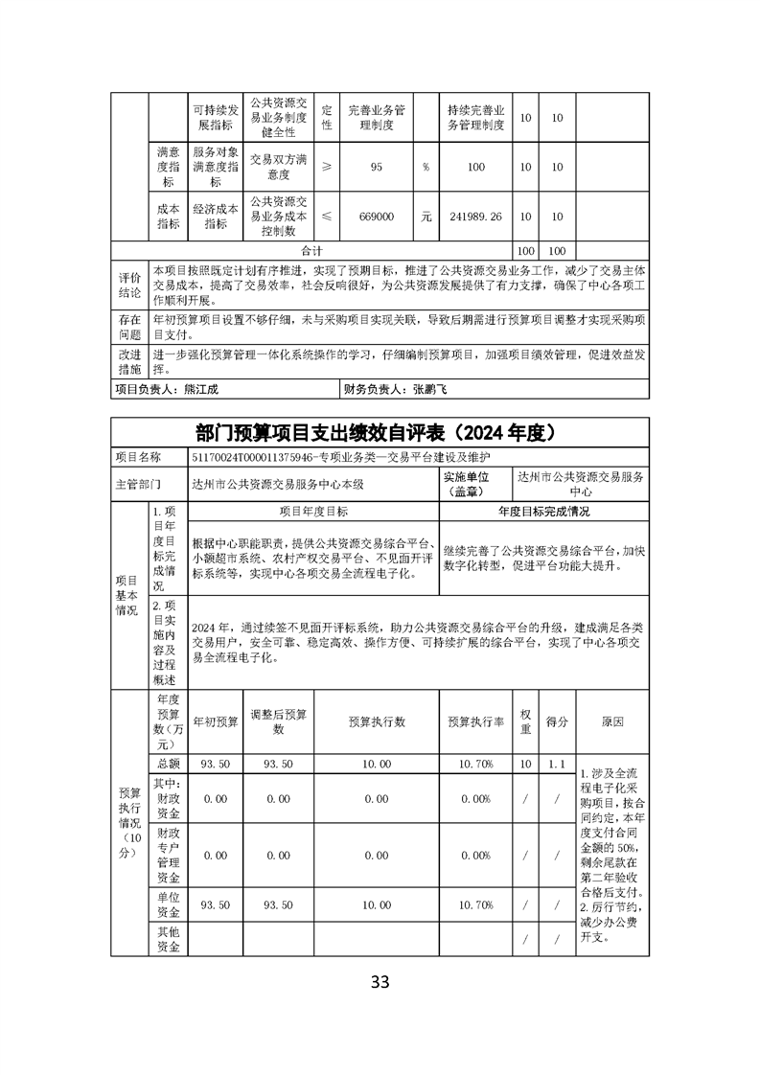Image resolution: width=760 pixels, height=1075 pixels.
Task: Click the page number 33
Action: click(380, 981)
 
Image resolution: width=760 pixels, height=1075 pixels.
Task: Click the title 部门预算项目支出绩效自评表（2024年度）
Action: click(380, 432)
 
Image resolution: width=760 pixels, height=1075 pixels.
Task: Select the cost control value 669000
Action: click(377, 217)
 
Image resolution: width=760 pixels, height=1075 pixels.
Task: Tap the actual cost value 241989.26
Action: click(475, 217)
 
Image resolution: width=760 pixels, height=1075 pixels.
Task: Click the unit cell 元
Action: click(426, 217)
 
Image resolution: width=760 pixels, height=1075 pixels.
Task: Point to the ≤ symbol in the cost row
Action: click(327, 217)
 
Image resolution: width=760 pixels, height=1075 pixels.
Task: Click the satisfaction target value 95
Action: click(377, 168)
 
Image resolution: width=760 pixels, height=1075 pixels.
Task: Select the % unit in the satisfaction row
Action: click(426, 168)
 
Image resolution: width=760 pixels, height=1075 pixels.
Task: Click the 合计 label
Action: click(312, 248)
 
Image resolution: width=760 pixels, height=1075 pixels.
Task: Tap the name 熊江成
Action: click(195, 390)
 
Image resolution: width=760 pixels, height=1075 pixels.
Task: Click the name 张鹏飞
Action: click(430, 390)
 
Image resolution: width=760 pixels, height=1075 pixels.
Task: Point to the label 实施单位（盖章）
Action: click(472, 483)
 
